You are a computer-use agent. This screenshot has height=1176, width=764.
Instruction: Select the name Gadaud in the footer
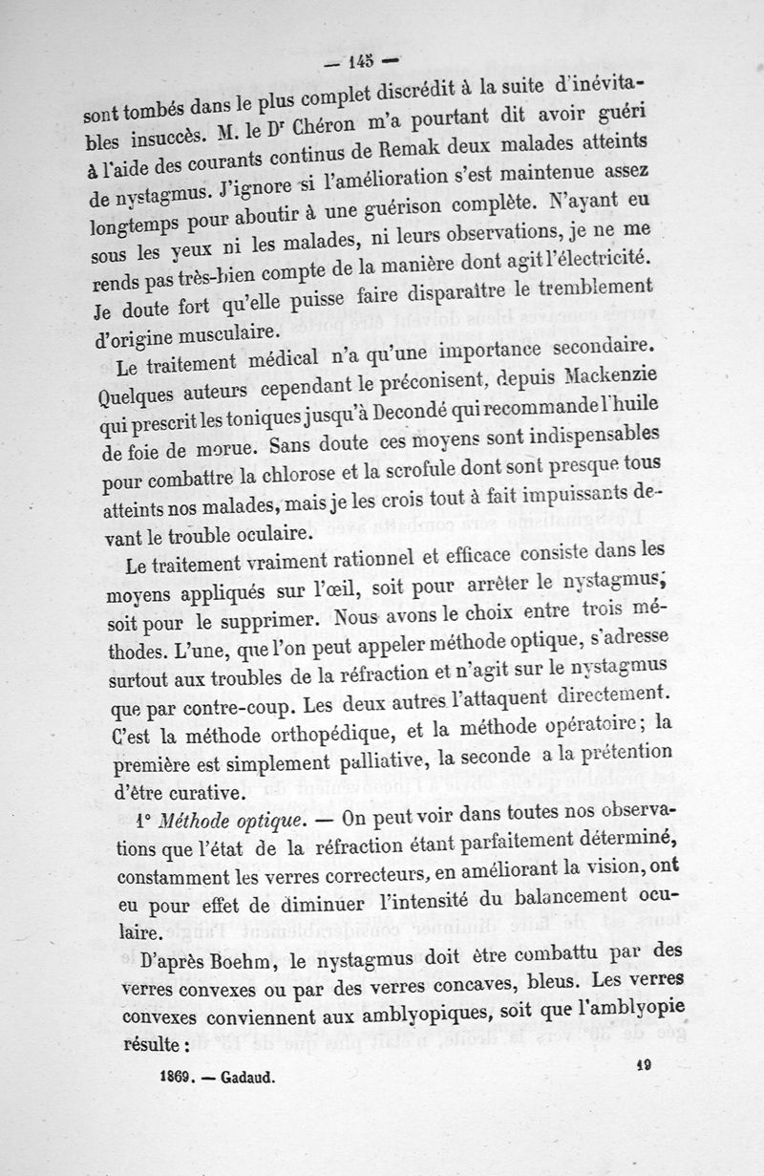click(246, 1078)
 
